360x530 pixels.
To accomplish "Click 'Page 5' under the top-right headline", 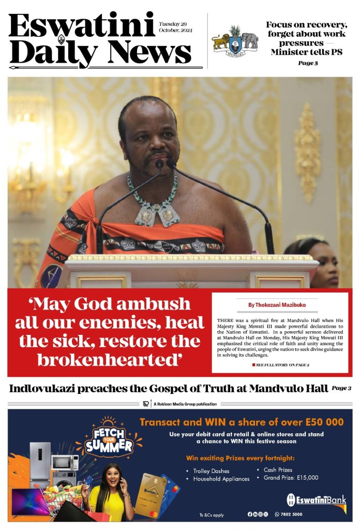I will [x=308, y=63].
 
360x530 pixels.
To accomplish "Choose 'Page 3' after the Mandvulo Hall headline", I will [x=341, y=388].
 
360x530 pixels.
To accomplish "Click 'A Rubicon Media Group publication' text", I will [x=185, y=404].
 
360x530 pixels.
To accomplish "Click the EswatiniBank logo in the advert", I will [x=316, y=500].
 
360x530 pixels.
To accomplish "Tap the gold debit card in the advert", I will [x=150, y=494].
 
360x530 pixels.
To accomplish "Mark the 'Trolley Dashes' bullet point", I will [x=211, y=471].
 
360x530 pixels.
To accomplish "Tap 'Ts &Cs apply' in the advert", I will [x=211, y=514].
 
